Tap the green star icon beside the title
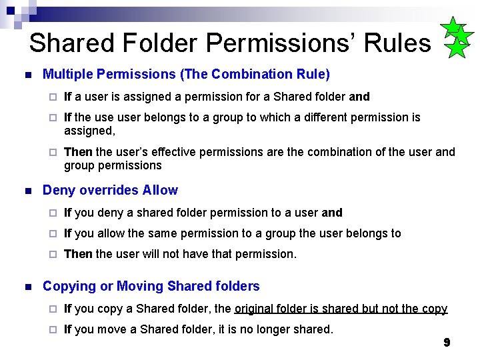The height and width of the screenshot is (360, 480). [x=456, y=38]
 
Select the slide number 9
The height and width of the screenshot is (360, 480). [x=447, y=343]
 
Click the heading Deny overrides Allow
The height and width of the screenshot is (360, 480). [x=110, y=190]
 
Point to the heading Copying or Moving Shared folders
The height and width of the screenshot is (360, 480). [x=151, y=286]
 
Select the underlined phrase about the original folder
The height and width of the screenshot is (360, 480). [x=341, y=309]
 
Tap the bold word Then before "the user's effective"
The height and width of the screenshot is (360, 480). [x=78, y=152]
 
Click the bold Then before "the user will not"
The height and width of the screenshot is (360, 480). [x=78, y=254]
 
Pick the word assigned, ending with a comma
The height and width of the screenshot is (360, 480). [x=89, y=131]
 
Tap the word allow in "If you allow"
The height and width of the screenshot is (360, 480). [x=109, y=233]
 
